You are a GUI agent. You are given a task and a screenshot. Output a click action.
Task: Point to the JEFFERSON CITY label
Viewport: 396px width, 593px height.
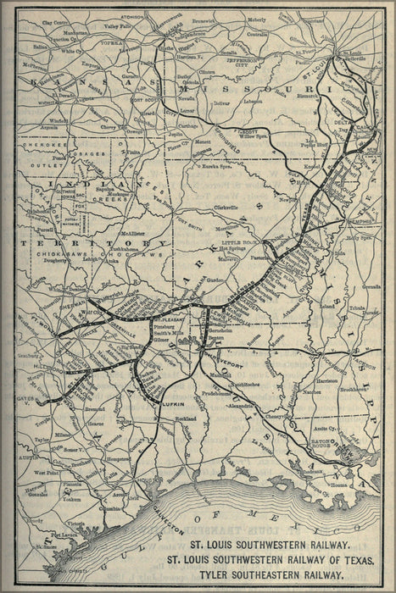click(x=241, y=60)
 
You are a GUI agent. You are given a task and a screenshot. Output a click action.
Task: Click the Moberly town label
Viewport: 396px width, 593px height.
click(x=256, y=18)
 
